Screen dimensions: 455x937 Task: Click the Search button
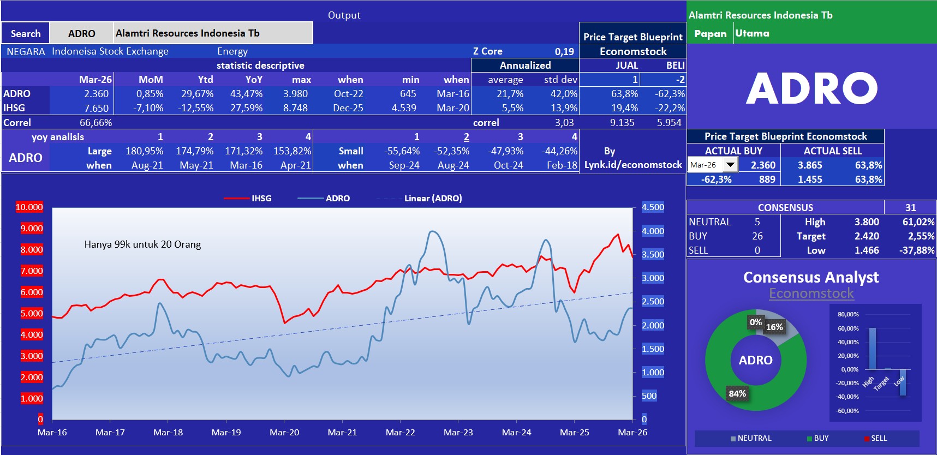[x=25, y=33]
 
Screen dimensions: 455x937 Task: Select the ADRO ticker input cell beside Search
[x=82, y=33]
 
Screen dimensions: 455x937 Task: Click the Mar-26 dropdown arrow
[x=730, y=164]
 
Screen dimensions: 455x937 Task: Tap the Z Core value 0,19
[x=564, y=51]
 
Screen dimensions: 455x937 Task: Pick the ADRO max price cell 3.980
[x=295, y=94]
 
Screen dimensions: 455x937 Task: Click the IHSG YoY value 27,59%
[x=246, y=108]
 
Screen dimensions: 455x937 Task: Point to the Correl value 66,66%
[x=96, y=123]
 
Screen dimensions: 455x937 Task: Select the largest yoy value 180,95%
[x=144, y=151]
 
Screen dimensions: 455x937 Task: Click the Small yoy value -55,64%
[x=402, y=151]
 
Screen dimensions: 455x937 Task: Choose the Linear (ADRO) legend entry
[x=433, y=198]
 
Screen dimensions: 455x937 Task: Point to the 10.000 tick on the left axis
[x=29, y=207]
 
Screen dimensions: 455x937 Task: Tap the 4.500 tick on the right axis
[x=653, y=207]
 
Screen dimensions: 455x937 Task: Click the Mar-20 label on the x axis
[x=284, y=432]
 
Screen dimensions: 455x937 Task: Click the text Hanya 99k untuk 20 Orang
[x=142, y=244]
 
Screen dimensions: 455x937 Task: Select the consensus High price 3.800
[x=867, y=222]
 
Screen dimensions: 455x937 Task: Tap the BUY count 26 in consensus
[x=757, y=236]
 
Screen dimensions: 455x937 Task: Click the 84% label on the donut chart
[x=737, y=393]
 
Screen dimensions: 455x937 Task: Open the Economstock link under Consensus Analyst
[x=811, y=294]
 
